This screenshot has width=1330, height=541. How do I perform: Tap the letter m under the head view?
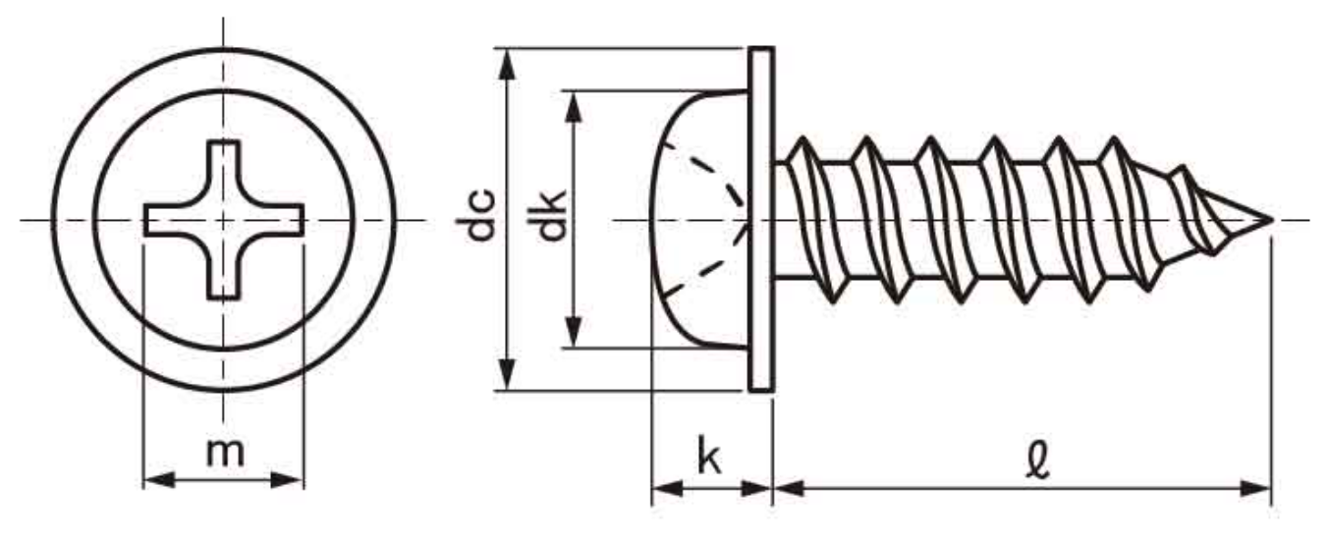point(225,454)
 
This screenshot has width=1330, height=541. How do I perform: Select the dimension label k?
point(709,455)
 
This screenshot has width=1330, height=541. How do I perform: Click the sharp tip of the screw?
point(1272,220)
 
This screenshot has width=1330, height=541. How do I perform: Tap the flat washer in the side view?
point(760,219)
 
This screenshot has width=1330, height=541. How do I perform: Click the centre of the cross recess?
point(224,220)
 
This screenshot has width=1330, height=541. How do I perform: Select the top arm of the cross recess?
point(224,171)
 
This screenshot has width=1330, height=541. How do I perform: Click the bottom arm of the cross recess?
point(224,267)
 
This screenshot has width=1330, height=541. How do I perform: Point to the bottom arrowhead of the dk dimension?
point(574,331)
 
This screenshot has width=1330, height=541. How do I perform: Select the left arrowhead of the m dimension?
point(159,480)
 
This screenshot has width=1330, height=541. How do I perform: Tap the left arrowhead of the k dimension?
point(667,489)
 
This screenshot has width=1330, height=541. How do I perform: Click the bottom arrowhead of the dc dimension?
point(506,375)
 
